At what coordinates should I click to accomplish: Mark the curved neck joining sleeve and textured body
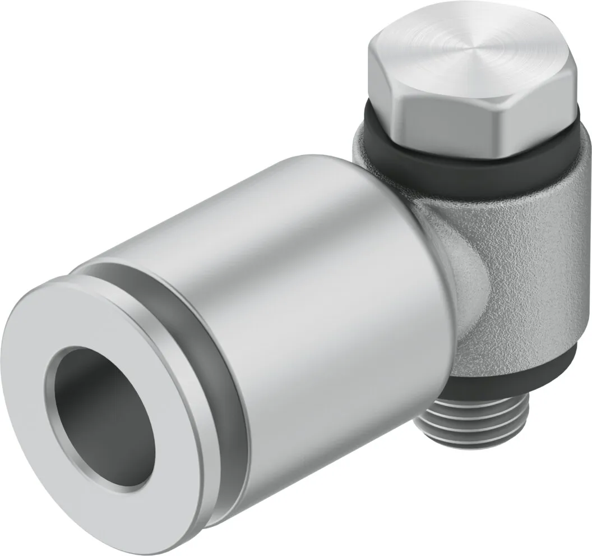(443, 236)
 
